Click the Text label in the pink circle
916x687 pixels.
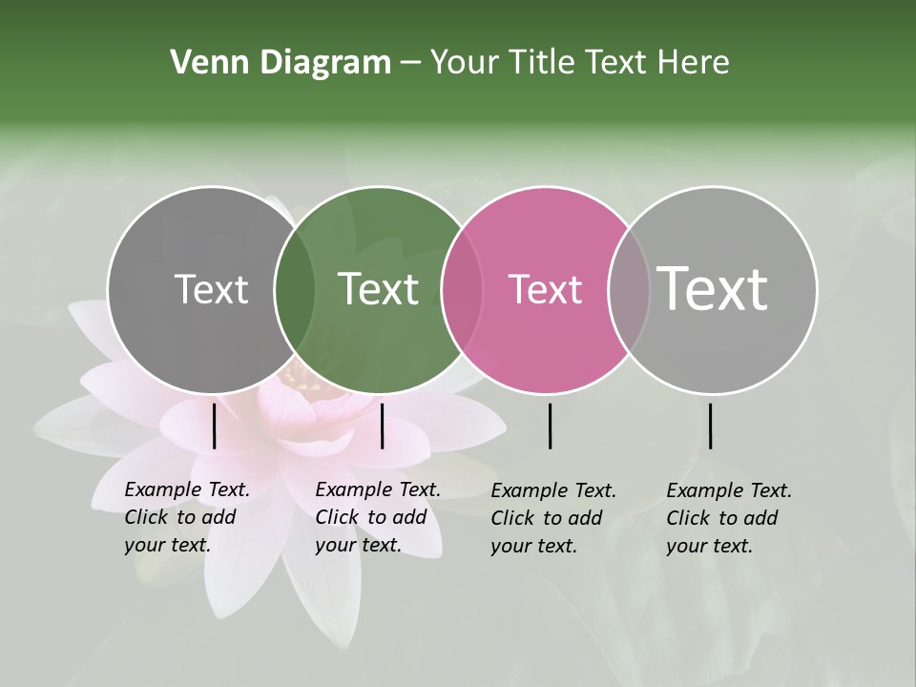[545, 290]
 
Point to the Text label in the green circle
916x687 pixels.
[378, 290]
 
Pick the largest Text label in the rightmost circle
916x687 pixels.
[713, 288]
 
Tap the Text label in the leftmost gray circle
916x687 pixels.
[211, 290]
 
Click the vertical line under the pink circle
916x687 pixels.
[550, 426]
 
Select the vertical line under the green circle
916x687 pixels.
[382, 426]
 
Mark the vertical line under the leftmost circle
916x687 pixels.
[214, 426]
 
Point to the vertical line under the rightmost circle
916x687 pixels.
[710, 426]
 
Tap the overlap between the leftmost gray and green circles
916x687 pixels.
[295, 290]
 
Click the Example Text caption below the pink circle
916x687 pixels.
[553, 518]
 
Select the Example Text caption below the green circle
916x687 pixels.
[378, 517]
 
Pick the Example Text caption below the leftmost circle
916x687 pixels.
[187, 517]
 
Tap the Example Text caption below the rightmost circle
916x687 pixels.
[729, 518]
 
